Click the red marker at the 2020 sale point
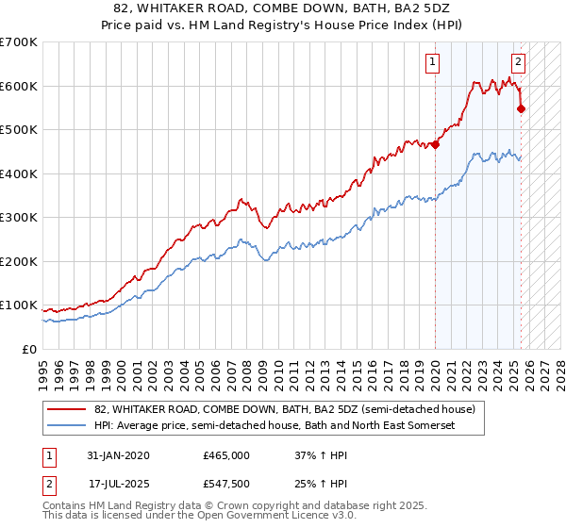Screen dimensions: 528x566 (435, 144)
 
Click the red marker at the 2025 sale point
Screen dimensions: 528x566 (522, 108)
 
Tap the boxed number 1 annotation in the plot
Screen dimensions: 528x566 (432, 63)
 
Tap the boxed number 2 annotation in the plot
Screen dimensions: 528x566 (519, 63)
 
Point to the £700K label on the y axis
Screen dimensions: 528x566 (19, 42)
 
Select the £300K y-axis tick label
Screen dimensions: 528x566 (19, 218)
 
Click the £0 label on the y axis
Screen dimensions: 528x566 (28, 349)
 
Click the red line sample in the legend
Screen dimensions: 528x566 (67, 409)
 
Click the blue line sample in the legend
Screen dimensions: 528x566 (67, 426)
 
